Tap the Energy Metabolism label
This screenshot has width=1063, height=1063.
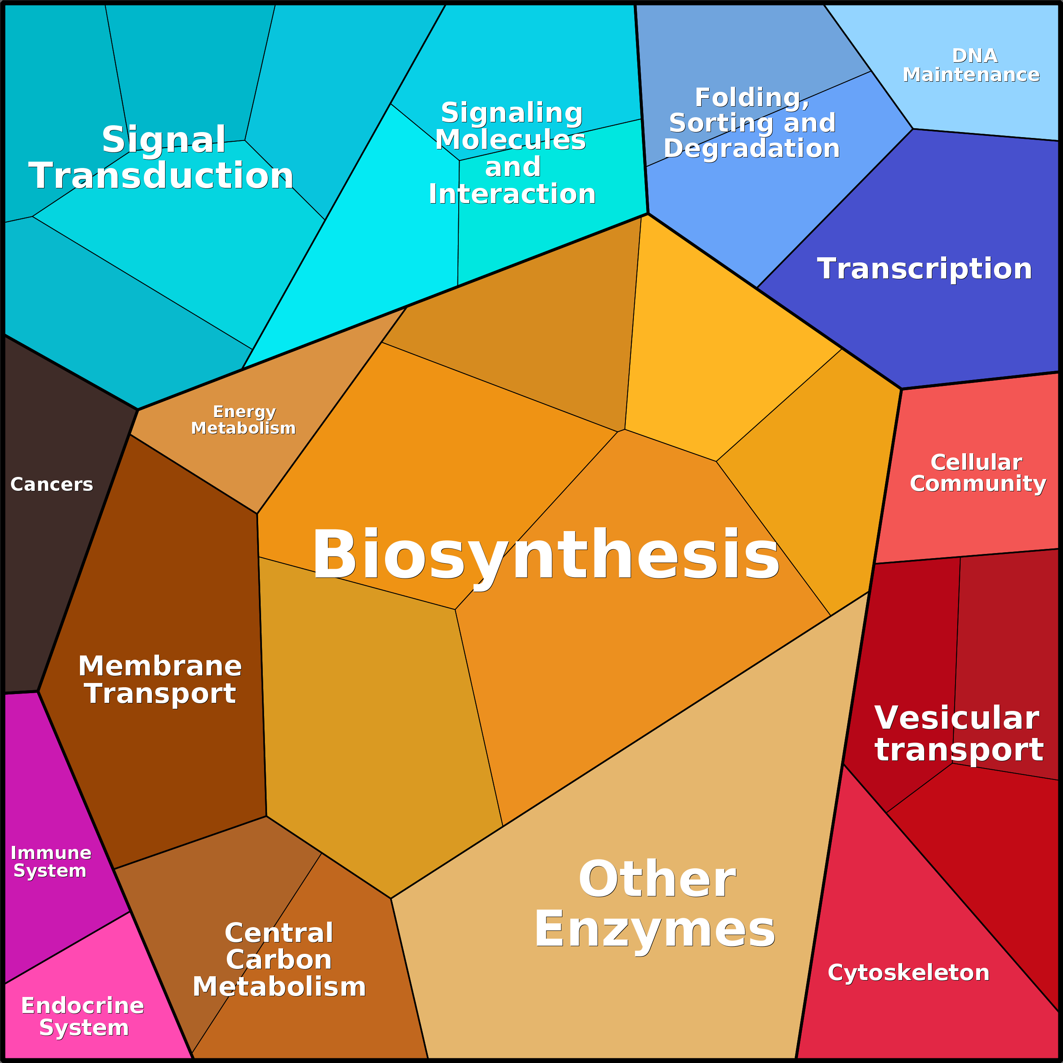(243, 420)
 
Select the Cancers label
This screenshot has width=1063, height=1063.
(52, 484)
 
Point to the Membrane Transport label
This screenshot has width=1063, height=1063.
(160, 680)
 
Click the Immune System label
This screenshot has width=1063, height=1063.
(51, 862)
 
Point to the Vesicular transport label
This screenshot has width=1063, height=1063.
(959, 733)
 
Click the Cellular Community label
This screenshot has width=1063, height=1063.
(978, 473)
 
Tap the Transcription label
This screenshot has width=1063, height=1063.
(924, 269)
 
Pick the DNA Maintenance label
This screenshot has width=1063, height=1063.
(971, 65)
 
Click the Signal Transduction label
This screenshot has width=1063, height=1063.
(161, 157)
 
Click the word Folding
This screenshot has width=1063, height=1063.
(752, 98)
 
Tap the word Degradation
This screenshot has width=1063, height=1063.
(752, 148)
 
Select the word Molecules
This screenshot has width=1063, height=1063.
(511, 139)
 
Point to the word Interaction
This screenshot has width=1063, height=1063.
(512, 194)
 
